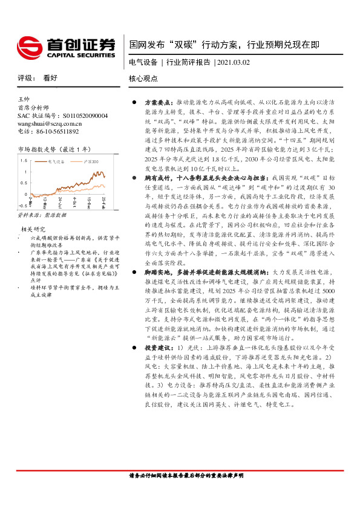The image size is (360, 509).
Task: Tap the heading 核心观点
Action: [143, 79]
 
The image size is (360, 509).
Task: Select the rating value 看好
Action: [50, 79]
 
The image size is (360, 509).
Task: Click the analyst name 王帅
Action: [24, 99]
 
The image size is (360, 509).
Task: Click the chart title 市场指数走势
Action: [37, 149]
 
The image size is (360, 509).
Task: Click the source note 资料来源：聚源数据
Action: [42, 215]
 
